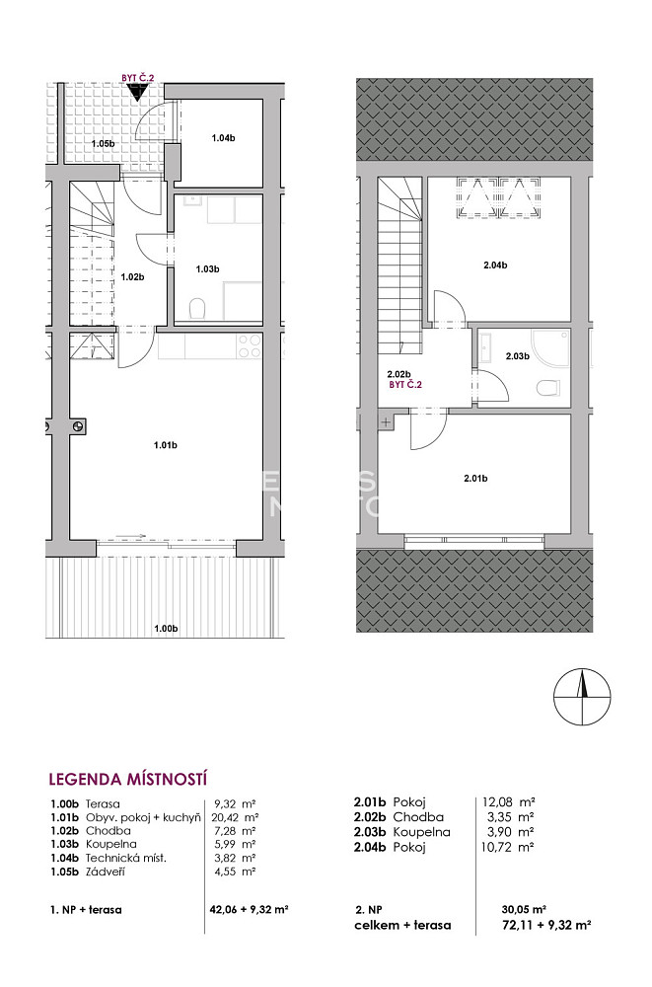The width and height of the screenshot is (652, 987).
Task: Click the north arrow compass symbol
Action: pos(582,696)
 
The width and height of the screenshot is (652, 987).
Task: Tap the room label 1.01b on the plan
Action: pos(166,446)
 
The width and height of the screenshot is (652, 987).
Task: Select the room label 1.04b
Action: pos(224,138)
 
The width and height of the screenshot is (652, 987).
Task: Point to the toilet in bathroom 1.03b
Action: pos(197,308)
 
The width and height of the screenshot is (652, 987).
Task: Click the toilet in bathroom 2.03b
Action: pos(548,387)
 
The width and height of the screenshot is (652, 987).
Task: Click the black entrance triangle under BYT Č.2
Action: pos(137,91)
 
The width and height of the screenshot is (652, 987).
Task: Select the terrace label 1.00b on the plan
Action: pos(166,628)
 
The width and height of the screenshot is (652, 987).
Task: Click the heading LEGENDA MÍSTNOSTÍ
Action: pos(128,780)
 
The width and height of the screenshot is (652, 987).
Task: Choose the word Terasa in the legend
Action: pos(103,803)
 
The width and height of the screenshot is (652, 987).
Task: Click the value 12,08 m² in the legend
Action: pos(509,802)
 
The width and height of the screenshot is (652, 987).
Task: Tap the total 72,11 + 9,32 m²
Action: pos(543,926)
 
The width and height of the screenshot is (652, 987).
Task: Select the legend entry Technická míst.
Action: pos(126,858)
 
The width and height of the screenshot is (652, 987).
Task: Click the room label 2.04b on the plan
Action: pos(495,265)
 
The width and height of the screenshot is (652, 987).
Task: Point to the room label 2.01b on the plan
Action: pos(475,479)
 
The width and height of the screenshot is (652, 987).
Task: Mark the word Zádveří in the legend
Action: pos(106,872)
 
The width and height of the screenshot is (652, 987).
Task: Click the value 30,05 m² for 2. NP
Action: pos(524,909)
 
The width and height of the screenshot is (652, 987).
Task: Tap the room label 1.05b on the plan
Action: pos(104,143)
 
